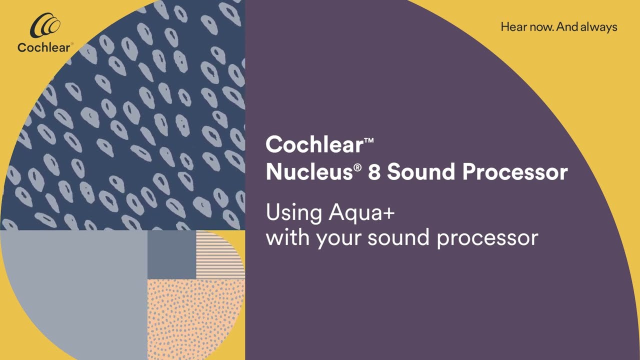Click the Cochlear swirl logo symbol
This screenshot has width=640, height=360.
pyautogui.click(x=45, y=26)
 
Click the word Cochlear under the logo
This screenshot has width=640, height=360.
pyautogui.click(x=44, y=47)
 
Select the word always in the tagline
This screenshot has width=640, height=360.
pyautogui.click(x=598, y=27)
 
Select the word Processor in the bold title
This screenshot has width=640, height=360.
pyautogui.click(x=515, y=172)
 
